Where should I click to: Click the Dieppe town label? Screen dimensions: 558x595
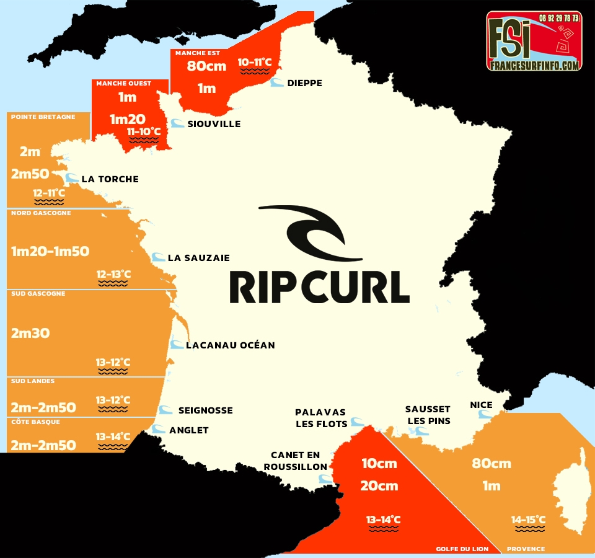(x=304, y=83)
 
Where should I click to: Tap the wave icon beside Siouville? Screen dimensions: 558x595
(x=177, y=123)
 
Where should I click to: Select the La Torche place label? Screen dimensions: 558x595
(x=110, y=179)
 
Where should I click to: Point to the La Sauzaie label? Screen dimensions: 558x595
(x=198, y=258)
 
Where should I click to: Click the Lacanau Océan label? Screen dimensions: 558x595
(x=230, y=345)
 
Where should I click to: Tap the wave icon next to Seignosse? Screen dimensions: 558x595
(x=165, y=410)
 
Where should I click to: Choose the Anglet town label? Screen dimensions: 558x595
(x=188, y=430)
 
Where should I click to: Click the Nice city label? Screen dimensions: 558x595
(x=481, y=405)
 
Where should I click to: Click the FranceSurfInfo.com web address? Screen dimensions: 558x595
(x=534, y=65)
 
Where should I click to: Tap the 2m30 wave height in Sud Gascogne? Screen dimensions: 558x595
(x=30, y=333)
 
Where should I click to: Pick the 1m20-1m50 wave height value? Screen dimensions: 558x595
(x=50, y=251)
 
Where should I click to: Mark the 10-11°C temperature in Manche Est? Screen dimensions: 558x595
(x=255, y=62)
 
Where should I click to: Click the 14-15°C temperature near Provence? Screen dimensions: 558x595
(x=528, y=520)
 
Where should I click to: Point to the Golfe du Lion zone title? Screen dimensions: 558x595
(x=462, y=549)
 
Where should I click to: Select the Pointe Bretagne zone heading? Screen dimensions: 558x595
(x=43, y=117)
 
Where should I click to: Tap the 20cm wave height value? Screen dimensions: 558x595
(x=379, y=485)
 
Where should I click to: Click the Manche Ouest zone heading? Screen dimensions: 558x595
(x=123, y=84)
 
